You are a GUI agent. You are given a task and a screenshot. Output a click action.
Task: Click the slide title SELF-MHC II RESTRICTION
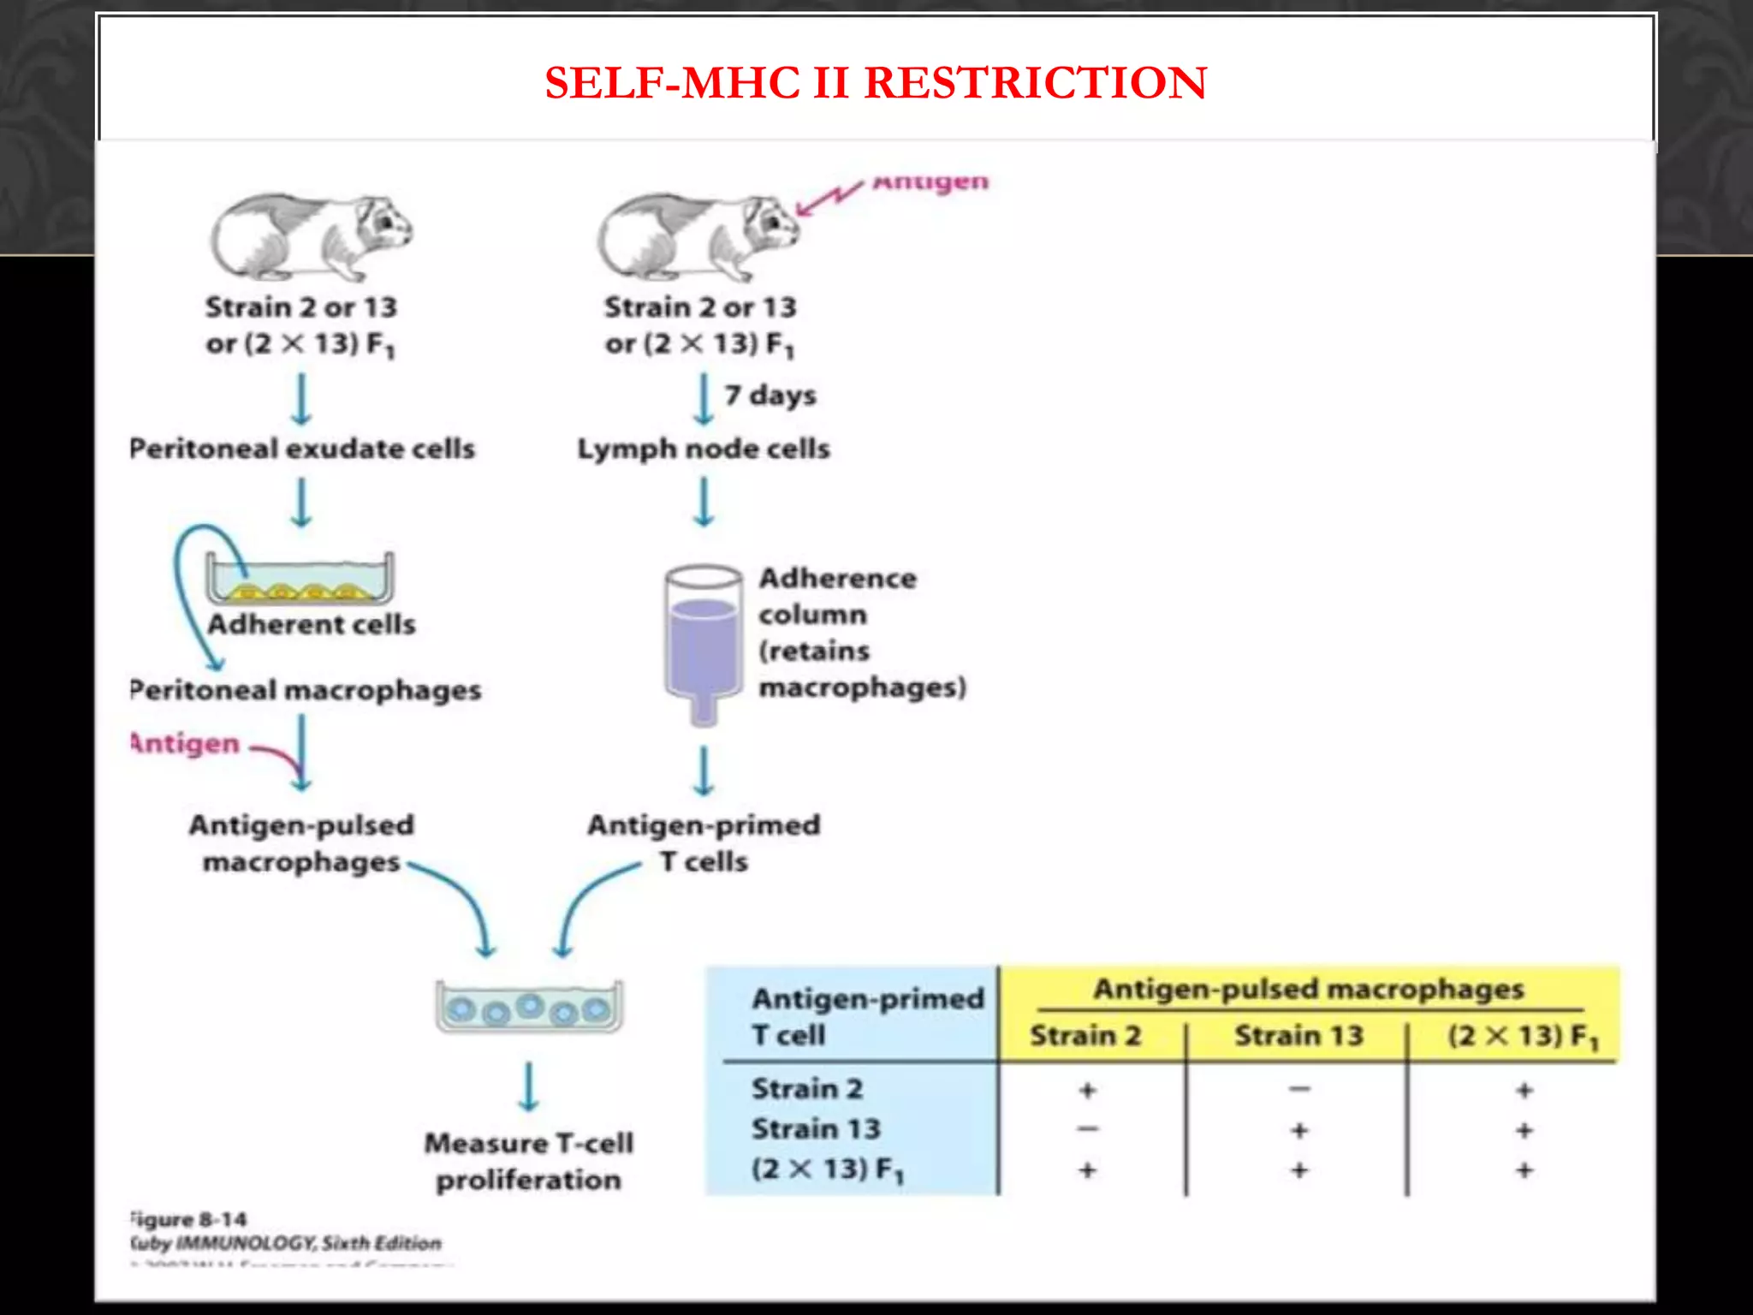(876, 83)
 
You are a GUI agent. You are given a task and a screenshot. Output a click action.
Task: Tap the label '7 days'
(770, 396)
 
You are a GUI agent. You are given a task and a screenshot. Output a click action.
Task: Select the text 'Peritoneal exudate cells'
(302, 449)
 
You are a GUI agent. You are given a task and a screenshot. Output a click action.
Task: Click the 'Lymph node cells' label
(704, 449)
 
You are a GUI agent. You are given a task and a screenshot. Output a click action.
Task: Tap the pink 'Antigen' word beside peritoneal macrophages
(185, 743)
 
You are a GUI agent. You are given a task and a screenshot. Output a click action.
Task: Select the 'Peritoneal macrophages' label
(306, 690)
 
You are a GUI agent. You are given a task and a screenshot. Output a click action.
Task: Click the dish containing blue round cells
(529, 1007)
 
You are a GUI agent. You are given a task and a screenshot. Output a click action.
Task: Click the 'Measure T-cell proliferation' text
(529, 1161)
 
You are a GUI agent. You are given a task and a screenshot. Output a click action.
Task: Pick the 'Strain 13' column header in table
(1298, 1036)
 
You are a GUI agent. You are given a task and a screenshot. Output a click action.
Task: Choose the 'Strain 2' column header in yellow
(1085, 1036)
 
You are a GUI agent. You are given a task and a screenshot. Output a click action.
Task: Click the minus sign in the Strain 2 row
(1299, 1090)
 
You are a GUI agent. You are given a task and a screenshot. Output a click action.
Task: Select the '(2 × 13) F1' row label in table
(827, 1169)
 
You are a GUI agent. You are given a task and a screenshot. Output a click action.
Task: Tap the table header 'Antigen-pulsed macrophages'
(1308, 990)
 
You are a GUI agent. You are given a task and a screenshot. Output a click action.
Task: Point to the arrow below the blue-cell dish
(529, 1086)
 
